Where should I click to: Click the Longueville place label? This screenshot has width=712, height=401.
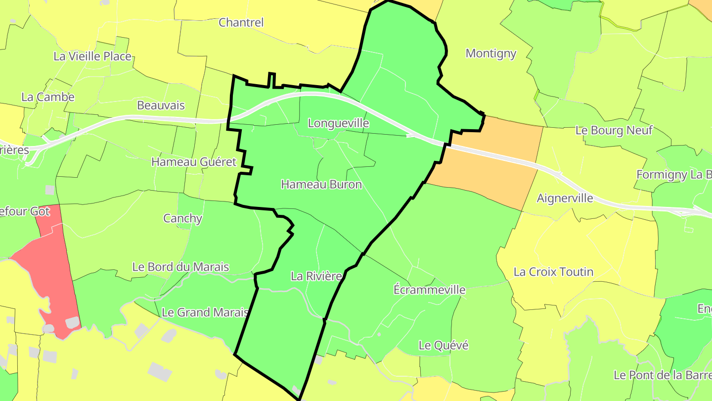(x=338, y=123)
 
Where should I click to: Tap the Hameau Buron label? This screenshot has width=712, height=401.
(x=321, y=185)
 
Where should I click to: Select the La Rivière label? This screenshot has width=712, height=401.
(x=316, y=276)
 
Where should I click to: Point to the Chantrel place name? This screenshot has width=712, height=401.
(x=241, y=22)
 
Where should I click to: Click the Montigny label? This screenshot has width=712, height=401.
(x=491, y=53)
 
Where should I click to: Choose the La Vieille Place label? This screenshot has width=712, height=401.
(x=92, y=56)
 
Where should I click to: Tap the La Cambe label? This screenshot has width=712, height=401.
(x=48, y=97)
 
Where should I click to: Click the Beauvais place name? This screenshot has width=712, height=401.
(x=161, y=105)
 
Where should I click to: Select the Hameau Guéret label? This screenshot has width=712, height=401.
(x=194, y=162)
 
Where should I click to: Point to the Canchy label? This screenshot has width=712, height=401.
(x=182, y=218)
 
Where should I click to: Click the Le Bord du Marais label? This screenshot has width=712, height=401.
(x=180, y=267)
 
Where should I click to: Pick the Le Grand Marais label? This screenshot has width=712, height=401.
(x=205, y=312)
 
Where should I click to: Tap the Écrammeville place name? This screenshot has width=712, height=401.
(x=429, y=290)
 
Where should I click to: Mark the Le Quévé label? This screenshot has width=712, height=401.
(x=443, y=345)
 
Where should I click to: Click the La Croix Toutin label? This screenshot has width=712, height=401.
(x=553, y=272)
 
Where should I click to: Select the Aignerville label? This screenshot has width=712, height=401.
(x=565, y=199)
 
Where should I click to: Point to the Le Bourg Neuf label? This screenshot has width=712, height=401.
(x=614, y=131)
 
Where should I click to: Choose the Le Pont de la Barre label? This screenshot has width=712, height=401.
(x=663, y=375)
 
